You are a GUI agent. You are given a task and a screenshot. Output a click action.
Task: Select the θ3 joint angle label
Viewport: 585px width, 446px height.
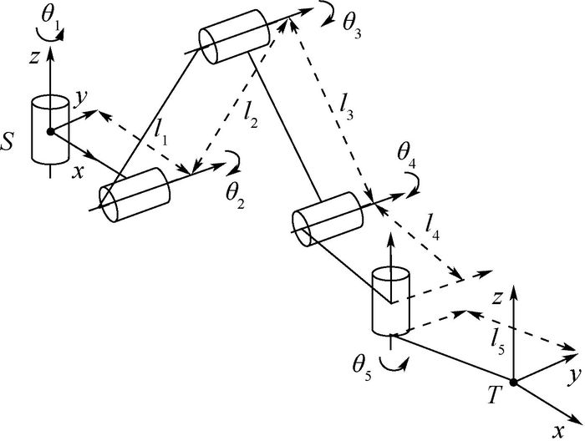(x=352, y=28)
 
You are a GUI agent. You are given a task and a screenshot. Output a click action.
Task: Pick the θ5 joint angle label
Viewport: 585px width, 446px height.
(x=362, y=369)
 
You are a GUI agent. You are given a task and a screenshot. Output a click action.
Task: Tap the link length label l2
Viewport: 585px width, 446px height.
(x=251, y=118)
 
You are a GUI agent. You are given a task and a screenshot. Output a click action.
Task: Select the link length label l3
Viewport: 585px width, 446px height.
(x=346, y=109)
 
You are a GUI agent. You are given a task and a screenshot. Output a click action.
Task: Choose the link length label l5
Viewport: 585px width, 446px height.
(x=498, y=342)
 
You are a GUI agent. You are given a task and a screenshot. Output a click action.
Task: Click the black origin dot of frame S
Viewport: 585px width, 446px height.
(x=50, y=131)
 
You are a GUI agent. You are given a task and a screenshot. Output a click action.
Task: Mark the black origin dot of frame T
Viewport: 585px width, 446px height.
(x=513, y=383)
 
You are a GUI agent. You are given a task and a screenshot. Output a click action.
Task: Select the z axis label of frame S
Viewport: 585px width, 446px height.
(x=34, y=58)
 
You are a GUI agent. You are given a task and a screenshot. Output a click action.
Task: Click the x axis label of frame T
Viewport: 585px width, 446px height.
(x=557, y=432)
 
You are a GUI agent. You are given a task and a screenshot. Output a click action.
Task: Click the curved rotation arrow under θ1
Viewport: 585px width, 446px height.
(x=50, y=35)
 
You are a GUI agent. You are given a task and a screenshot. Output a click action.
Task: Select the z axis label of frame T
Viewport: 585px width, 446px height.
(x=496, y=298)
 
